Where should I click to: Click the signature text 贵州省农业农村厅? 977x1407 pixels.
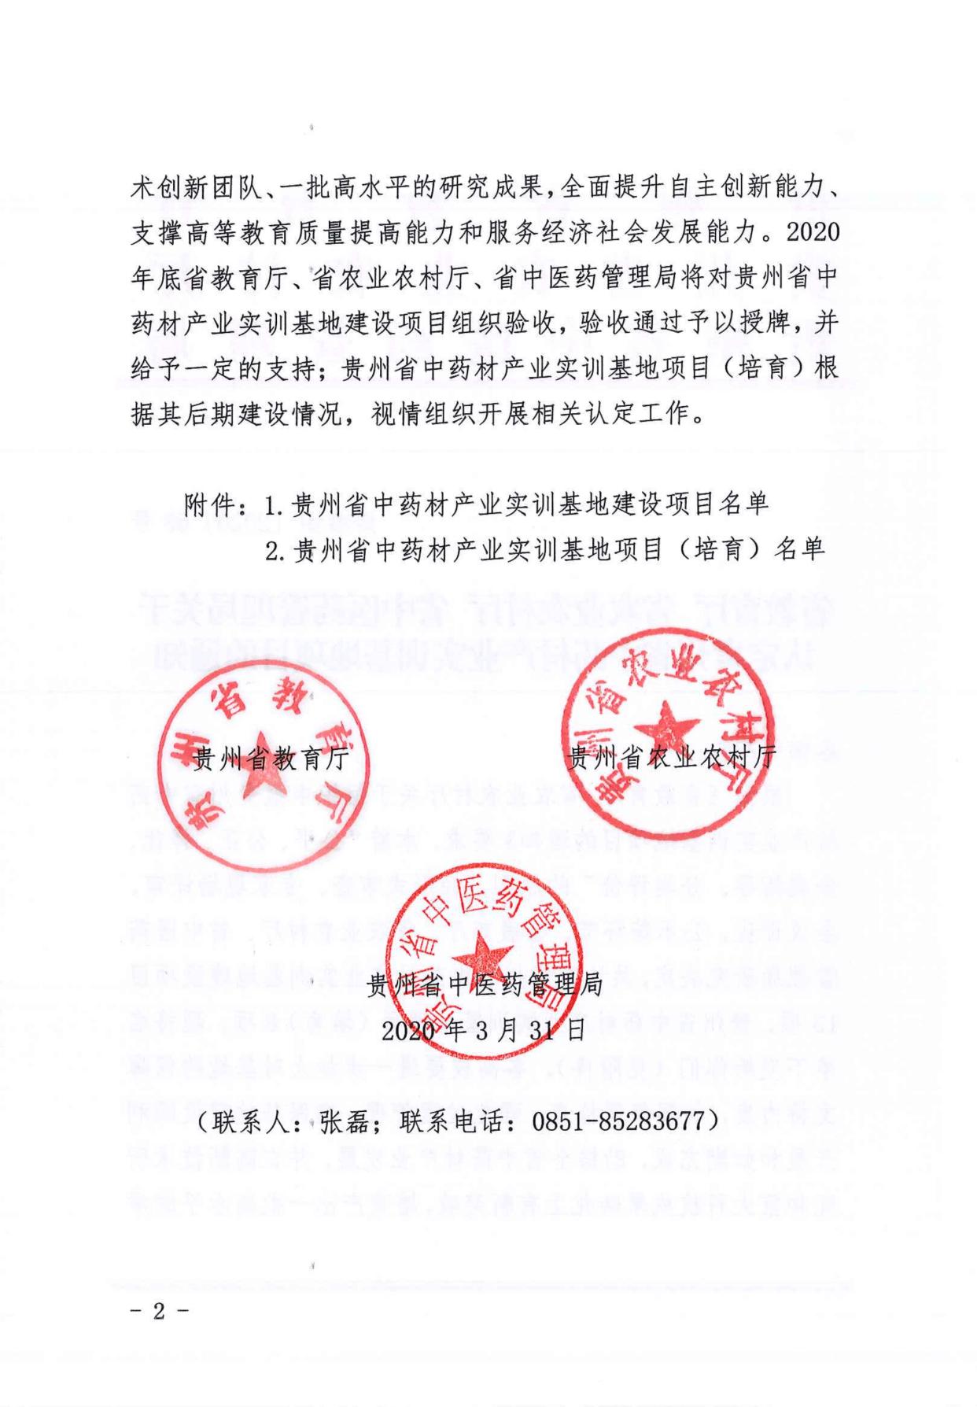tap(672, 757)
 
